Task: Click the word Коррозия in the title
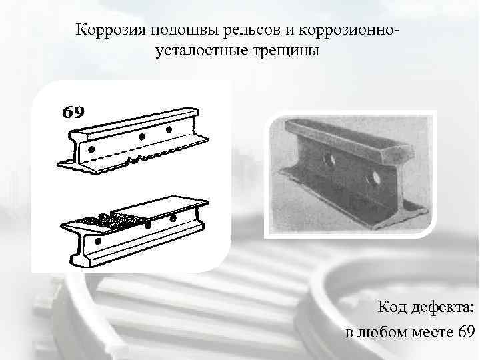pyautogui.click(x=111, y=30)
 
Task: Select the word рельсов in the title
pyautogui.click(x=251, y=30)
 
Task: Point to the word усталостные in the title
pyautogui.click(x=203, y=51)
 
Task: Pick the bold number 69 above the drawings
pyautogui.click(x=73, y=113)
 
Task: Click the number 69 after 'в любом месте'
pyautogui.click(x=466, y=331)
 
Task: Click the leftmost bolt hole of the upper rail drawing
pyautogui.click(x=91, y=149)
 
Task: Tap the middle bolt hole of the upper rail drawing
pyautogui.click(x=141, y=137)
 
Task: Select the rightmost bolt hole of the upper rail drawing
pyautogui.click(x=169, y=129)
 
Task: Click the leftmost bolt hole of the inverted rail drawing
pyautogui.click(x=98, y=241)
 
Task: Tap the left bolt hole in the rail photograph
pyautogui.click(x=329, y=159)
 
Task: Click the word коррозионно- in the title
pyautogui.click(x=347, y=30)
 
